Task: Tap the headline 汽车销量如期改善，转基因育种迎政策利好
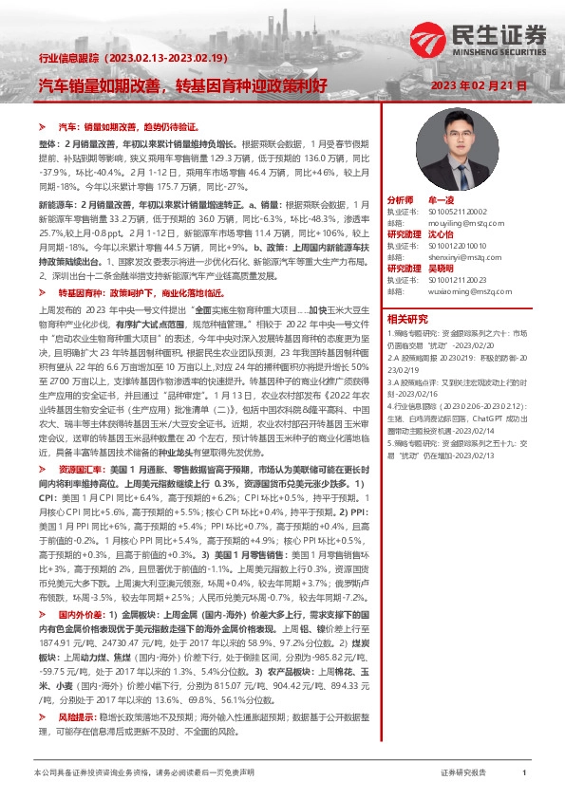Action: point(182,85)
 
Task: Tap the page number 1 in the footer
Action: point(524,773)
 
